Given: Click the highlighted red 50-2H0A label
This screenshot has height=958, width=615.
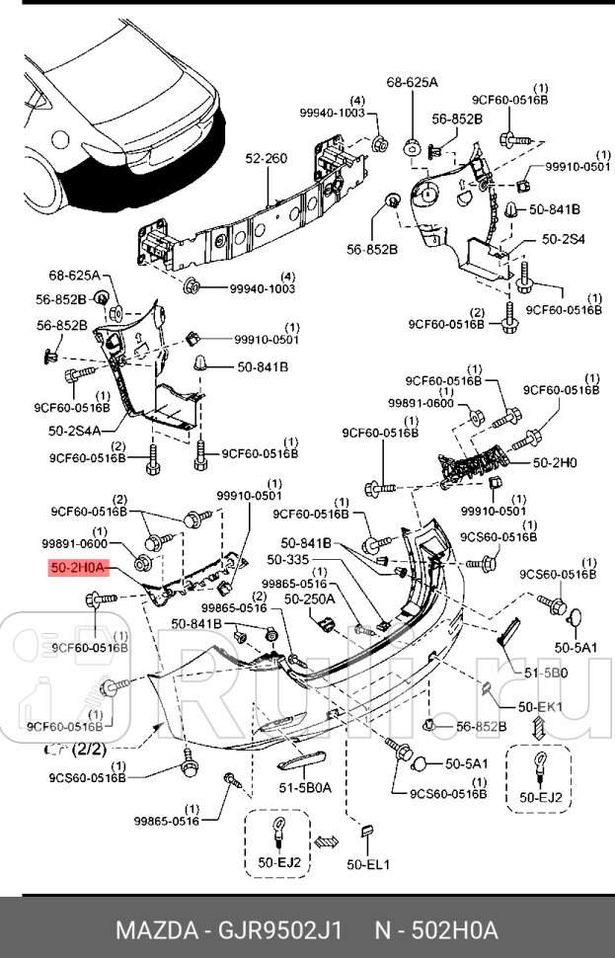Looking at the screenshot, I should [82, 569].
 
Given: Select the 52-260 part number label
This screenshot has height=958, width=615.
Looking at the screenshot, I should [267, 159].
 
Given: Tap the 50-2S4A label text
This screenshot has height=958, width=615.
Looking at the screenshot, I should [75, 431].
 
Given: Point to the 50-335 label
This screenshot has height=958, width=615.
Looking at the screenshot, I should [303, 558].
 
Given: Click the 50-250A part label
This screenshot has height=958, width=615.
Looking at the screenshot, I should [310, 599].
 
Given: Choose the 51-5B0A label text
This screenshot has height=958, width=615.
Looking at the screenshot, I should [301, 787].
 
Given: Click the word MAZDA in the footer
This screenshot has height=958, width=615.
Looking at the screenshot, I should [153, 930].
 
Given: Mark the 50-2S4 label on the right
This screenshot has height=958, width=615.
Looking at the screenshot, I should [564, 239].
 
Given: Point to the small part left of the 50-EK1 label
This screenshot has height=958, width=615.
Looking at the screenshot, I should [487, 688].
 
